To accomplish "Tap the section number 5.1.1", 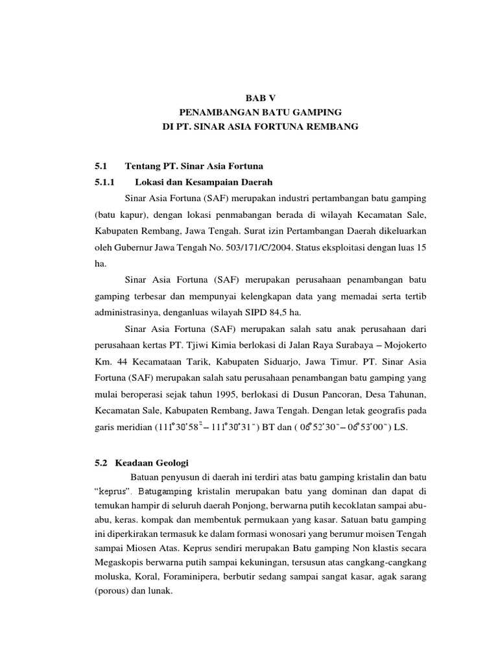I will point(104,182).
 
